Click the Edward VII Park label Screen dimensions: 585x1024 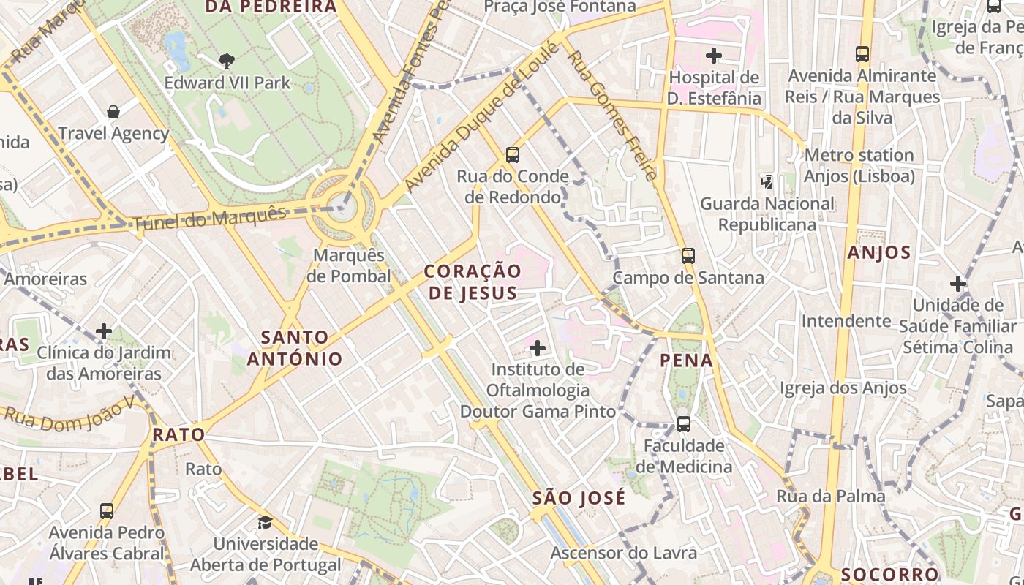click(x=227, y=83)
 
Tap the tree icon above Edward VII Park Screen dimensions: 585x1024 click(x=227, y=61)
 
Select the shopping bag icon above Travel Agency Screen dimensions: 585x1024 click(x=113, y=112)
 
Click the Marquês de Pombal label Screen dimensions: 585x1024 click(x=349, y=266)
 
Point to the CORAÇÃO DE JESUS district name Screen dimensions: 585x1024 click(x=473, y=282)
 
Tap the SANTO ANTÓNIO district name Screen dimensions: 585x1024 click(x=295, y=348)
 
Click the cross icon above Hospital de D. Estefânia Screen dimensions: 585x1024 click(x=714, y=55)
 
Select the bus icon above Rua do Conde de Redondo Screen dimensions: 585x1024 click(x=513, y=155)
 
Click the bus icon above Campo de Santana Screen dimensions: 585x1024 click(x=688, y=256)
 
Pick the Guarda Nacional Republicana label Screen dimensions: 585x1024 click(x=767, y=214)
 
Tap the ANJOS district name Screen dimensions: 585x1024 click(x=878, y=253)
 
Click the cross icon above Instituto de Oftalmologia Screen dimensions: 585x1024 click(x=538, y=347)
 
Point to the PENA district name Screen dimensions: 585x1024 click(x=686, y=360)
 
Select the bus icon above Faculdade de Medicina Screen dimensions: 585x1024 click(x=684, y=424)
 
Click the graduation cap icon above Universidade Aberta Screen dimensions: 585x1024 click(x=265, y=522)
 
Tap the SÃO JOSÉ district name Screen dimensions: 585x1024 click(x=579, y=499)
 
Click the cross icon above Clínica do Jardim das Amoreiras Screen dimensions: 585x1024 click(x=104, y=331)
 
